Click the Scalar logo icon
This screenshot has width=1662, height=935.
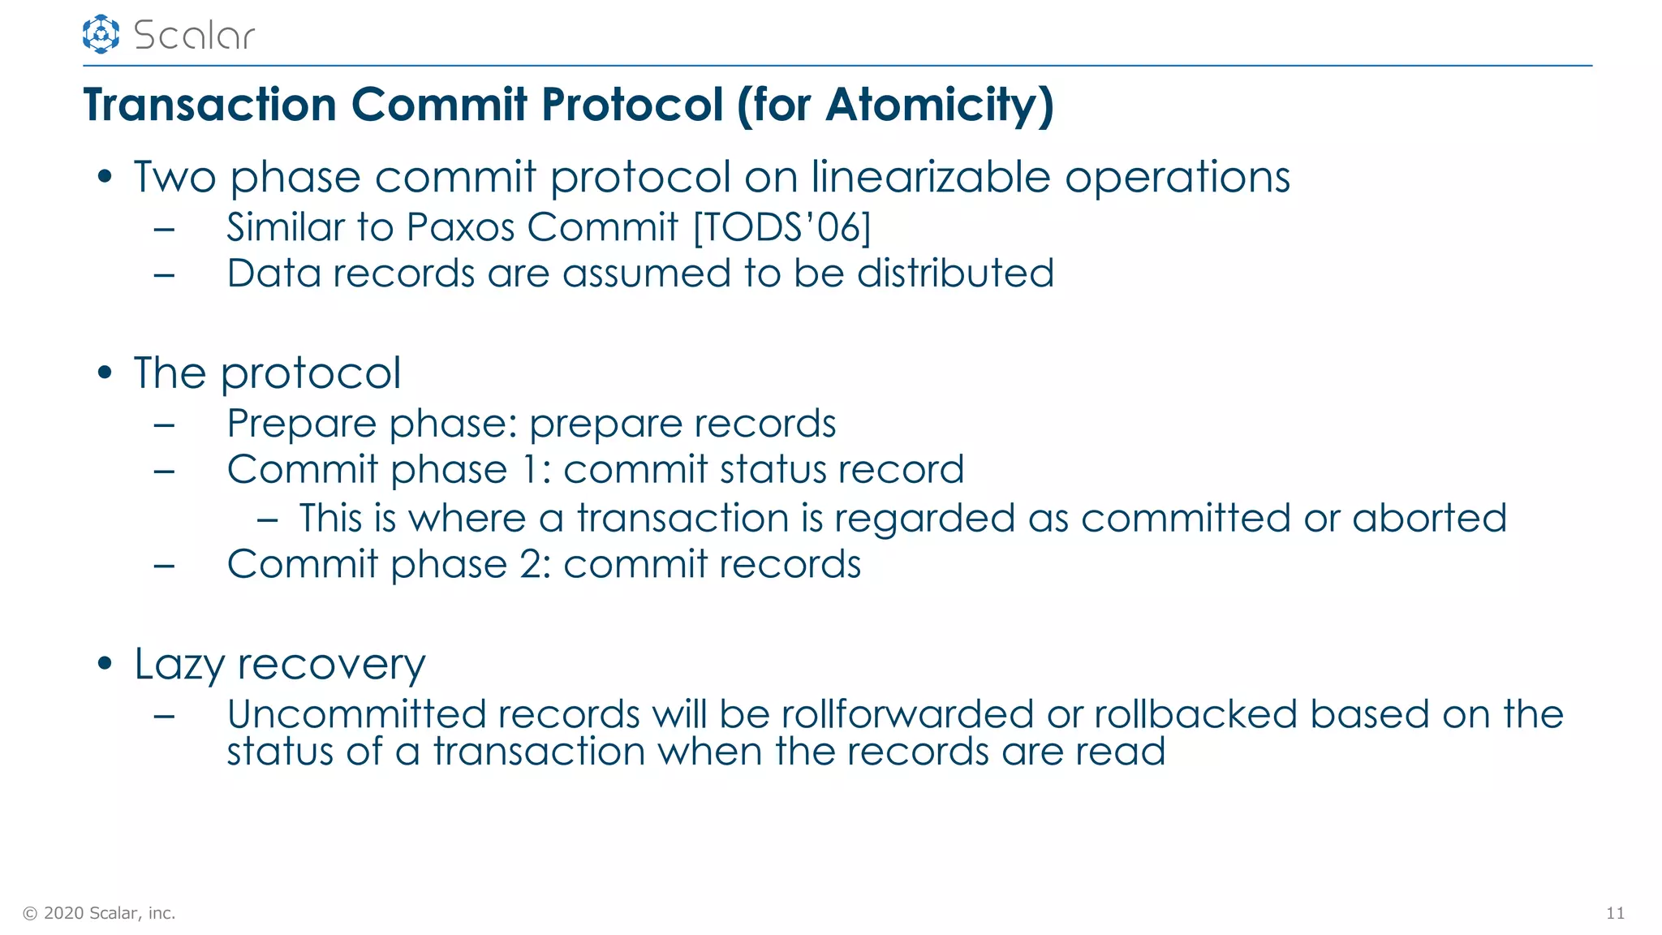tap(101, 34)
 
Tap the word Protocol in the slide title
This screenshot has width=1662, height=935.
tap(632, 105)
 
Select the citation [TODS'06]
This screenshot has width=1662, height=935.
tap(781, 227)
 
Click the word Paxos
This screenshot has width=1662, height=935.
tap(460, 227)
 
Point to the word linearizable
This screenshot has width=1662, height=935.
tap(931, 177)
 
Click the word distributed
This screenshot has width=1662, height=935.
tap(955, 274)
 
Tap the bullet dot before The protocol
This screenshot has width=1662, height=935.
tap(104, 373)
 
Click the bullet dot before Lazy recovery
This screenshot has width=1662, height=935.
tap(104, 663)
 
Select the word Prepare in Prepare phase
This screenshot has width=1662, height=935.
tap(302, 424)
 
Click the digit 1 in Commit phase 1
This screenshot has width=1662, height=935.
tap(529, 470)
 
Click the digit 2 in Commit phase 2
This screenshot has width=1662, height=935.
tap(533, 564)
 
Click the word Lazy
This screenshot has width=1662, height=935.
tap(179, 665)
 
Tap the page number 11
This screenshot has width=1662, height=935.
tap(1615, 913)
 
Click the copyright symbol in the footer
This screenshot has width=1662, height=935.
tap(30, 913)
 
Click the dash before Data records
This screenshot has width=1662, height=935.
tap(164, 274)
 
